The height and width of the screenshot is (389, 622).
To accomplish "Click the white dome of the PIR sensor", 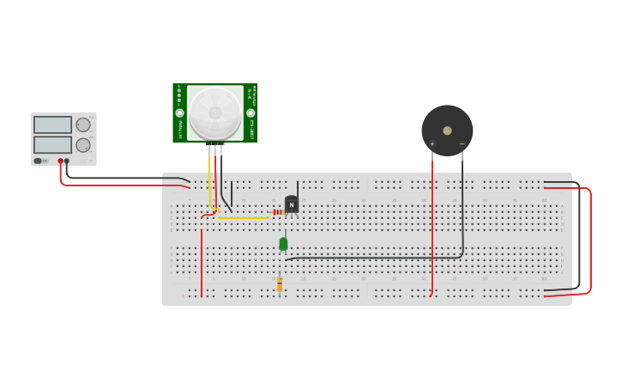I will click(x=215, y=112).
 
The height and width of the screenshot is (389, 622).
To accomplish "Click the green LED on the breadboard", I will click(x=283, y=244).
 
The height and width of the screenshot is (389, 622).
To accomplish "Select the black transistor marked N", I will click(x=292, y=205).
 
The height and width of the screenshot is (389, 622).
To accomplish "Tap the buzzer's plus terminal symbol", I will click(x=432, y=143).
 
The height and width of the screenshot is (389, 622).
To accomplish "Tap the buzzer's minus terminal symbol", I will click(x=462, y=143).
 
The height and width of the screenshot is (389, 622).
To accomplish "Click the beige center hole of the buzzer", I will click(x=447, y=131).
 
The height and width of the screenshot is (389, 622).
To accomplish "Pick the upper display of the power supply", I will click(x=52, y=125).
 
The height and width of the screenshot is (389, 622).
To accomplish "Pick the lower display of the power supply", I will click(x=52, y=144).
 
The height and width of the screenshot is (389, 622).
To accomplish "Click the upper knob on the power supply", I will click(x=83, y=125).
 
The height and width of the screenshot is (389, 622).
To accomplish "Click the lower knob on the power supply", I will click(x=83, y=145).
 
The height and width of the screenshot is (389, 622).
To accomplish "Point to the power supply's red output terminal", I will click(x=60, y=161).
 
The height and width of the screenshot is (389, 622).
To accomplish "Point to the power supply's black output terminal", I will click(x=67, y=161).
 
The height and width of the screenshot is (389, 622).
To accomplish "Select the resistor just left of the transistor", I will click(x=278, y=212).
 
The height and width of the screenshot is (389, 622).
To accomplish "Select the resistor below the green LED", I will click(x=280, y=284).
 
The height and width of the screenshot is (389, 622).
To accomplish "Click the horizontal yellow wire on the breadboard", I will click(x=245, y=218).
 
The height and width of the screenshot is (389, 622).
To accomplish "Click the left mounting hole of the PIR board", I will click(x=180, y=112).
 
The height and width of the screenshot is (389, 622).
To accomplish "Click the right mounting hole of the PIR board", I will click(x=251, y=112).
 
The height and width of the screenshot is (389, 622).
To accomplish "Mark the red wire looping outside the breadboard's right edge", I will click(x=590, y=240).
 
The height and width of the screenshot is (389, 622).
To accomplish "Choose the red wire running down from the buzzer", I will click(x=432, y=223).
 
